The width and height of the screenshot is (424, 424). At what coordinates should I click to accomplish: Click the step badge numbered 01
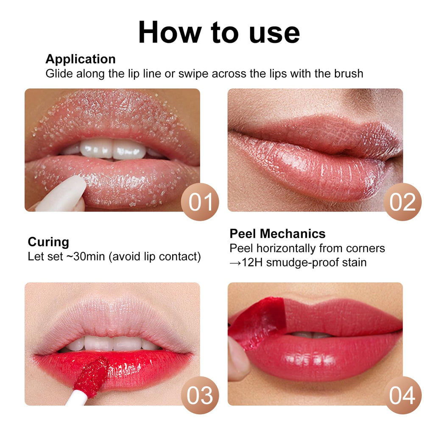200,202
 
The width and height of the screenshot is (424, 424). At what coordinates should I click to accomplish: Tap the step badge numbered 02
403,202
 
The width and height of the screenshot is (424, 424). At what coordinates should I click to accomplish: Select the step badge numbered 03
200,395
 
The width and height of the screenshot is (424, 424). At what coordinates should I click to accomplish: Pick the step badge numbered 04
403,395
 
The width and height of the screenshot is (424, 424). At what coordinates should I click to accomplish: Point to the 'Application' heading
81,59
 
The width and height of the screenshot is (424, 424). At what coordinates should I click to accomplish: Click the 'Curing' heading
48,242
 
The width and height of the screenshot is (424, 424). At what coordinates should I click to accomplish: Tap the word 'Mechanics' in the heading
293,234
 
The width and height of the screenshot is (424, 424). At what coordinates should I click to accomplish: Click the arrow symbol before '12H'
235,263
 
